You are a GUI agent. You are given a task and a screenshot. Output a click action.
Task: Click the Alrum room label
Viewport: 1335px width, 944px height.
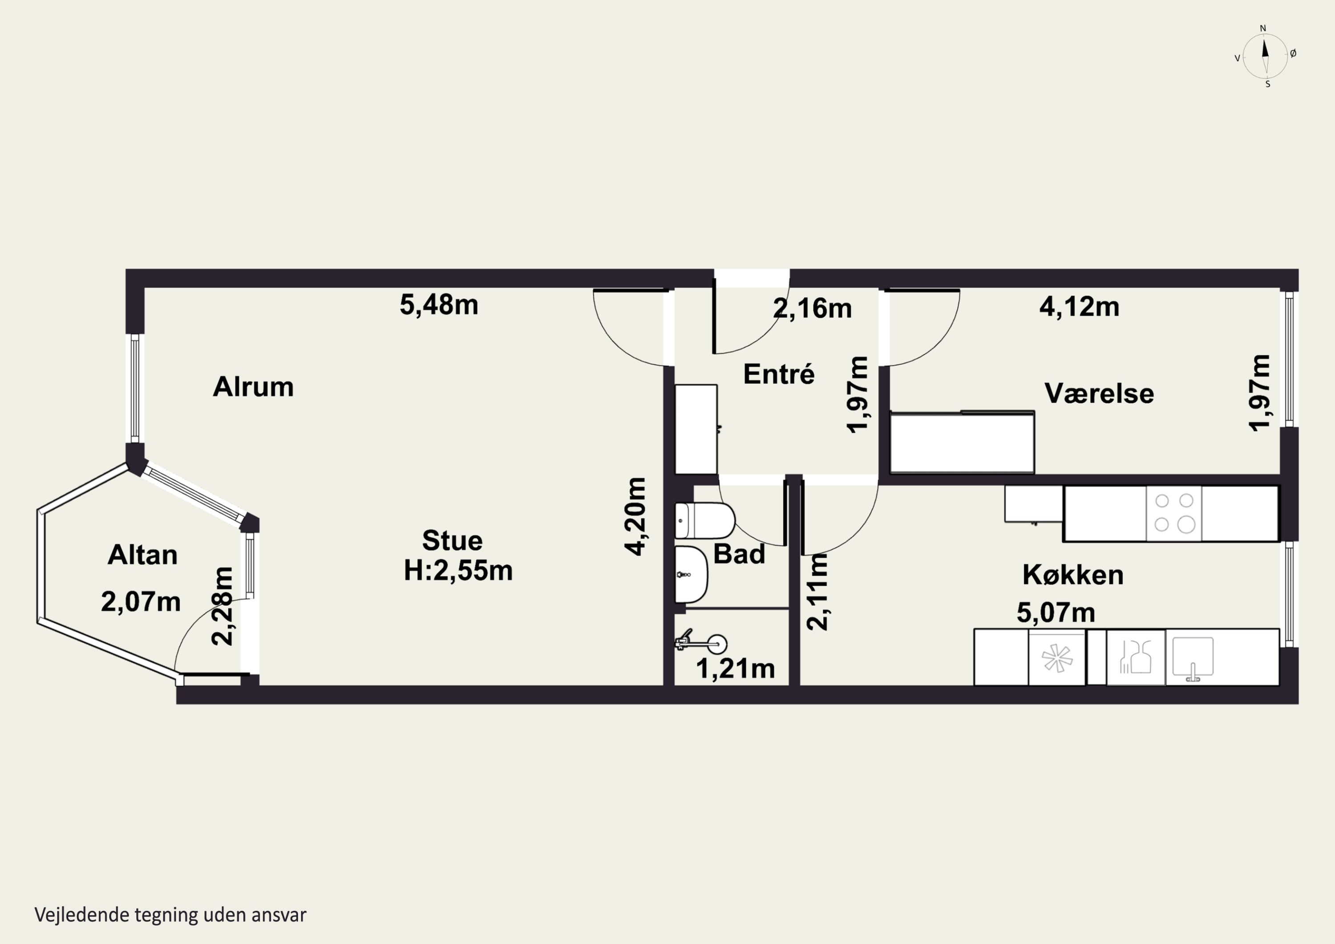(253, 387)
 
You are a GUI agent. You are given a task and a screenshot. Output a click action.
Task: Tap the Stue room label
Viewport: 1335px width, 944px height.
(453, 541)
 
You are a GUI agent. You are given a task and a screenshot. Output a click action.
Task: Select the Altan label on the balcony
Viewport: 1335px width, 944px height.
(142, 555)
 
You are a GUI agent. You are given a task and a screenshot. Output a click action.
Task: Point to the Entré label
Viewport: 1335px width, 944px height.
(779, 373)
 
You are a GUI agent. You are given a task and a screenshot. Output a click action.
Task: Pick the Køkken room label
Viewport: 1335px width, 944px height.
(1073, 575)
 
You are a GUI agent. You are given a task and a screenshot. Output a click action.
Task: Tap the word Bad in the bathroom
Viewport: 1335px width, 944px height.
(739, 554)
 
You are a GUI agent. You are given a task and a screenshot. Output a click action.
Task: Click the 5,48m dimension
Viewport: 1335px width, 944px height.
(439, 305)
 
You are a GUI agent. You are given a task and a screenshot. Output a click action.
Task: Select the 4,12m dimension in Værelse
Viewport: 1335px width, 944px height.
(1079, 307)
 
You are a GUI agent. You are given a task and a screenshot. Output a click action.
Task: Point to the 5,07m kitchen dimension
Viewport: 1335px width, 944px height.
(1056, 612)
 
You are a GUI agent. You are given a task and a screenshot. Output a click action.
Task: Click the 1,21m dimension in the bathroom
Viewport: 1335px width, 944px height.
(736, 669)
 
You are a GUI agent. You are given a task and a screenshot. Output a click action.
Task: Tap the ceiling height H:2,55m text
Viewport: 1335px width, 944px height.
(458, 571)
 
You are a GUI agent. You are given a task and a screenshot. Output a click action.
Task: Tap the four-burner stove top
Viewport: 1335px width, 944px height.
(1174, 513)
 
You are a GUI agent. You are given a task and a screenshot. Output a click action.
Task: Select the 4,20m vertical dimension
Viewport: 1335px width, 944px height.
(635, 516)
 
